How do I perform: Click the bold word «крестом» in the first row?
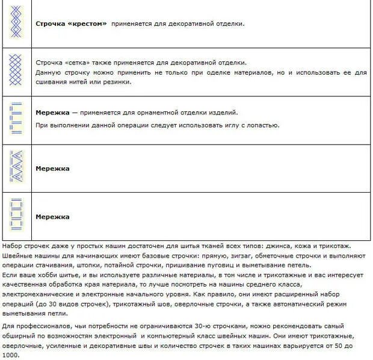[x=89, y=24]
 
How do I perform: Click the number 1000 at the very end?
[x=10, y=355]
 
